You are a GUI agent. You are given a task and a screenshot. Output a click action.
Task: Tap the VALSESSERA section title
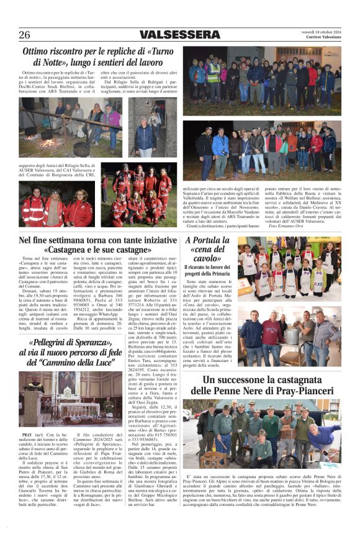click(x=180, y=35)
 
